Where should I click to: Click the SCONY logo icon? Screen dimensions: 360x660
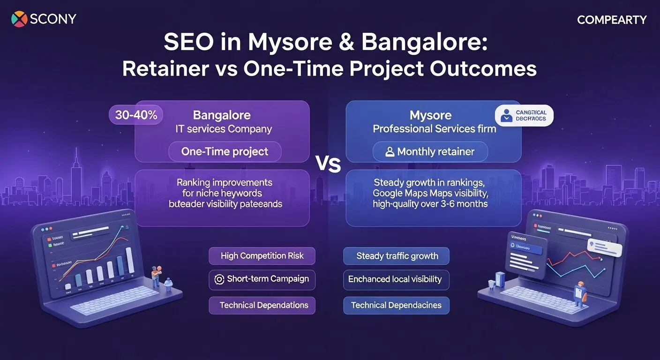click(19, 19)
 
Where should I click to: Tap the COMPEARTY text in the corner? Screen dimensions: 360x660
click(611, 20)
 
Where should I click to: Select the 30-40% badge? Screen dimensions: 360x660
click(136, 115)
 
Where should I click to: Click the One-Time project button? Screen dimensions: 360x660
click(225, 152)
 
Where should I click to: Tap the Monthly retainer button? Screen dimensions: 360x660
click(430, 152)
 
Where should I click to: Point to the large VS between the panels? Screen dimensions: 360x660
click(328, 165)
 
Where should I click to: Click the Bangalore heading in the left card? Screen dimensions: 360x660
click(222, 115)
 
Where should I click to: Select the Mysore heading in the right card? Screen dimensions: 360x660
click(431, 115)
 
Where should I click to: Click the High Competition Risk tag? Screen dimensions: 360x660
click(262, 256)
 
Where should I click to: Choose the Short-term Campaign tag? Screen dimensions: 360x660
click(262, 279)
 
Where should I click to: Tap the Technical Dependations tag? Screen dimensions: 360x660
click(262, 305)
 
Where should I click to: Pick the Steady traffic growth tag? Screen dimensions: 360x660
click(397, 256)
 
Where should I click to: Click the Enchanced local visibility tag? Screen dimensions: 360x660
click(396, 279)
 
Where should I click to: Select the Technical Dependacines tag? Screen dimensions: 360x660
click(396, 305)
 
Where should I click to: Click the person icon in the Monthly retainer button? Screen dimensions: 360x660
click(390, 152)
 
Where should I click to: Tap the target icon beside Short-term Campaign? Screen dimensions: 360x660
click(218, 279)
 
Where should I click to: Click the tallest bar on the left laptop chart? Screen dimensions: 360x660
click(130, 260)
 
